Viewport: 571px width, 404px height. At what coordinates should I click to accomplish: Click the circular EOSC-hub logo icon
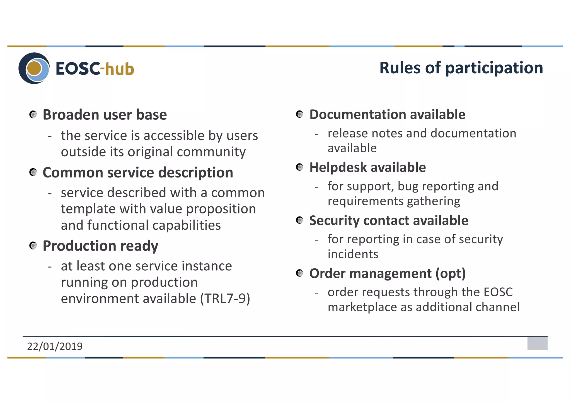click(34, 68)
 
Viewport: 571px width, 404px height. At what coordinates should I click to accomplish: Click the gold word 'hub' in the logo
click(120, 69)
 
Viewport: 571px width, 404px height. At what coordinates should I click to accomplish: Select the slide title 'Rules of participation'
click(461, 68)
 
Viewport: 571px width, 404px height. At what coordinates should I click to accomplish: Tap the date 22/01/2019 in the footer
click(55, 346)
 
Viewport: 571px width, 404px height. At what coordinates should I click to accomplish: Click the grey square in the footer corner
click(537, 343)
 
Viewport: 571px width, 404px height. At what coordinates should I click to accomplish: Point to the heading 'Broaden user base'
click(105, 115)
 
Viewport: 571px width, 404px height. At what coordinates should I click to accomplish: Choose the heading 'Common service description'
click(138, 172)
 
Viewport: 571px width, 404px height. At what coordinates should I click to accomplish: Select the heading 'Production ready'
click(100, 246)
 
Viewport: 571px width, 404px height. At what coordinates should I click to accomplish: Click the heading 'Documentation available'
click(387, 114)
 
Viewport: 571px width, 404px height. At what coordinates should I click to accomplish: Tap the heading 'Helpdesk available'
click(367, 167)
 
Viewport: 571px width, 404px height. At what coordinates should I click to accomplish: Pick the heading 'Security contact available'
click(389, 220)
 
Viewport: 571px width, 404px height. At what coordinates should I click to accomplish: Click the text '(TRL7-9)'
click(225, 299)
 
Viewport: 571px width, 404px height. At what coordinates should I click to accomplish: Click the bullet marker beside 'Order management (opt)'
click(300, 273)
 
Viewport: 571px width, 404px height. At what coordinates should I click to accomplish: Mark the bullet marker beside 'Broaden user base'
click(33, 115)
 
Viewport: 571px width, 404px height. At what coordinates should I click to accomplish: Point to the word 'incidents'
click(353, 254)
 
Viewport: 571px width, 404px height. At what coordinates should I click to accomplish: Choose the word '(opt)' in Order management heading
click(451, 273)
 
